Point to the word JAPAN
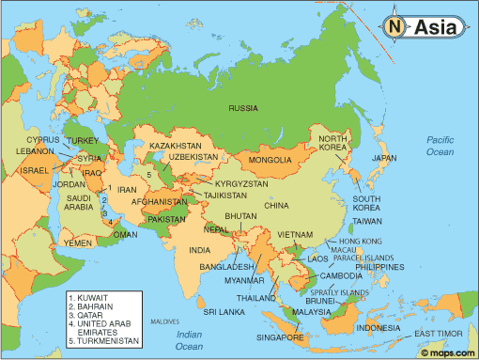coord(385,159)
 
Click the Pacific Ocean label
coord(440,146)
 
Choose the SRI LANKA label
coord(225,310)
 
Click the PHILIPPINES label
coord(379,267)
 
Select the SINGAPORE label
coord(280,337)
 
